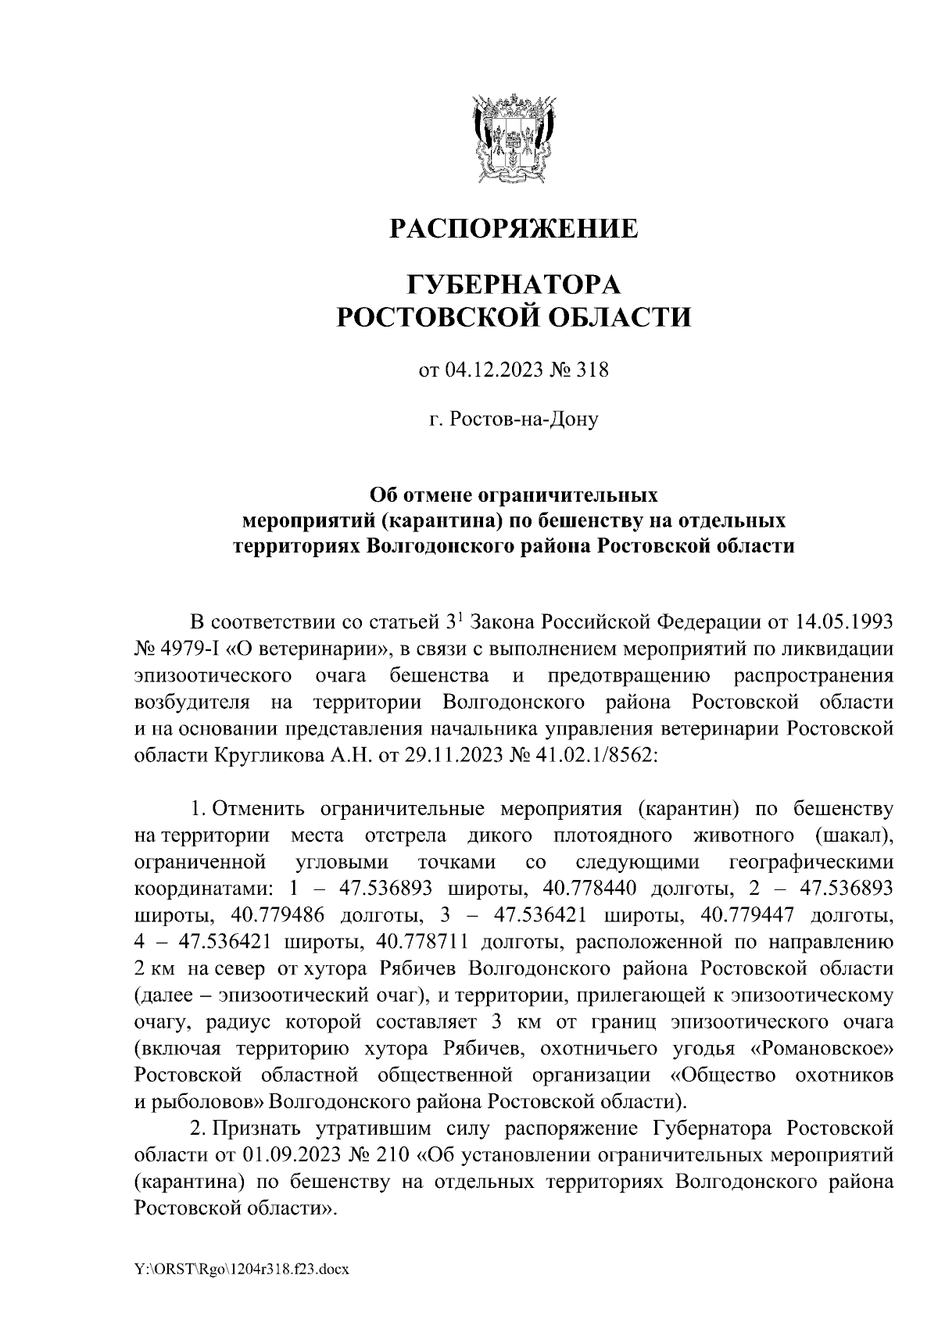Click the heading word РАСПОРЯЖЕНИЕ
click(514, 228)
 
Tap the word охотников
click(844, 1075)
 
